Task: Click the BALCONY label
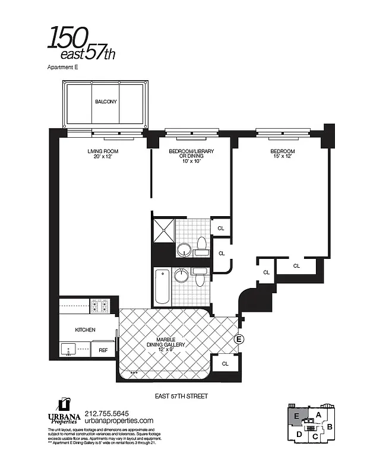pos(106,102)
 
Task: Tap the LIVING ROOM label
pos(99,151)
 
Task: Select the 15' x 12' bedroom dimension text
pos(282,157)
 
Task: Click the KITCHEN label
pos(85,329)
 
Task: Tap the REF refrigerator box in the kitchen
pos(103,350)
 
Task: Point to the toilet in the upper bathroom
pos(201,245)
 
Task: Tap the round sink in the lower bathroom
pos(181,276)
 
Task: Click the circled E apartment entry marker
pos(240,339)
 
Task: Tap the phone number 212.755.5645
pos(107,414)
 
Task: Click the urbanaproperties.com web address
pos(119,421)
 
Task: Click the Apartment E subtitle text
pos(62,68)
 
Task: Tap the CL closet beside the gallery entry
pos(226,363)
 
